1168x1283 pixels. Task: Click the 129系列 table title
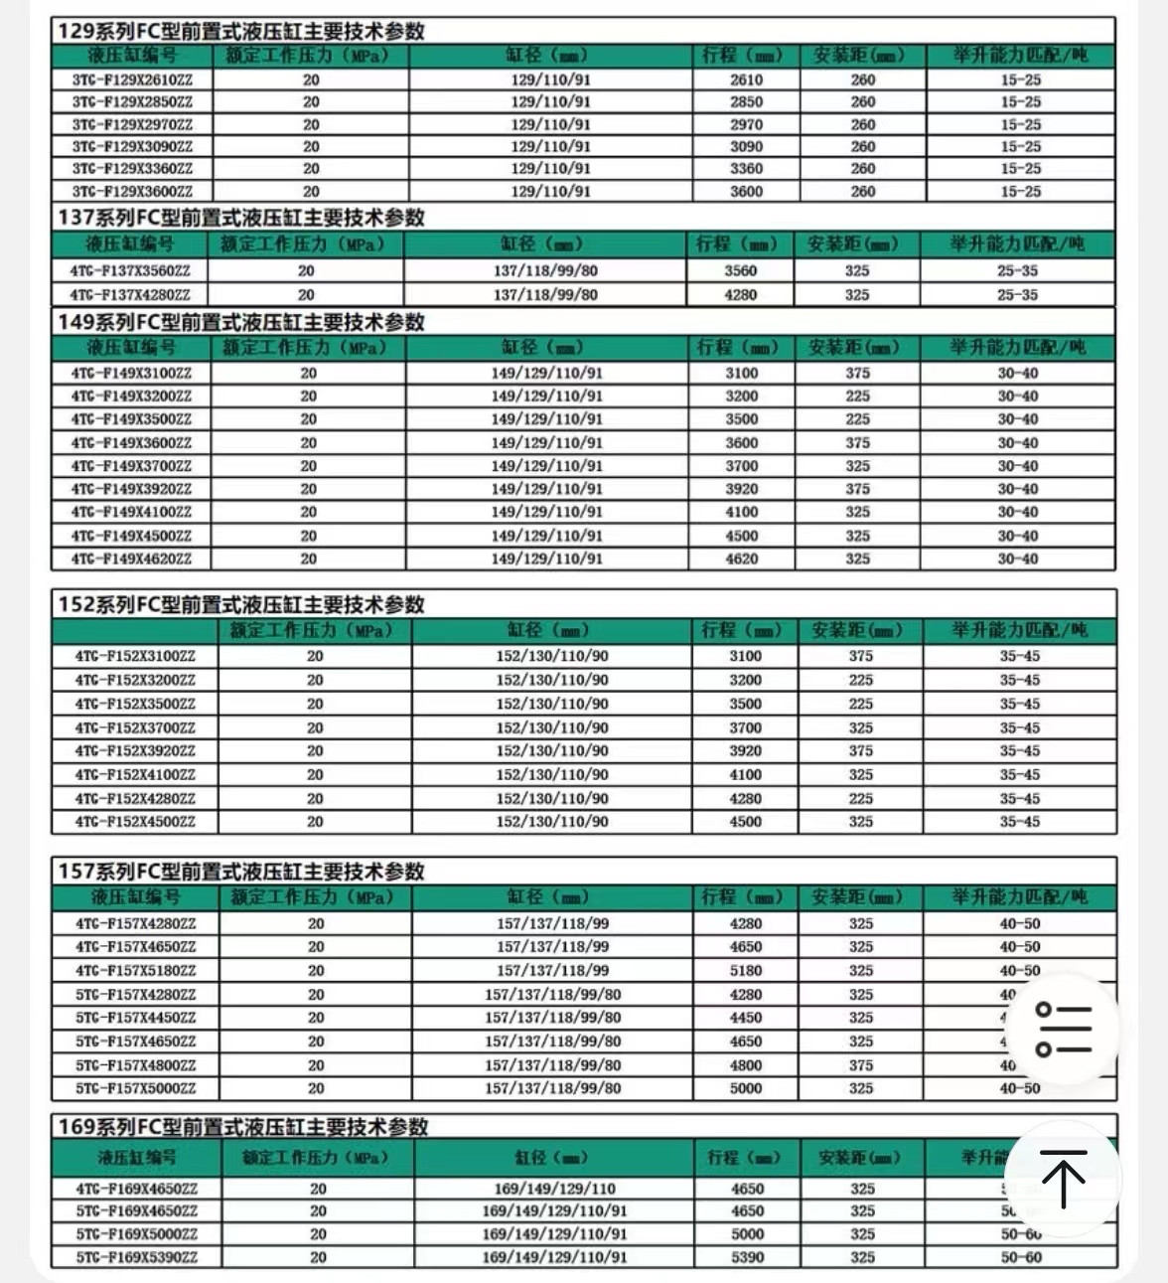(241, 31)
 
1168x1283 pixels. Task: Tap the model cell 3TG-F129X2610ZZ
(132, 80)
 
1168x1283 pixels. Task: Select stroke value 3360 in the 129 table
(746, 169)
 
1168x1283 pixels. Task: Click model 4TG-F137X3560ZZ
(130, 270)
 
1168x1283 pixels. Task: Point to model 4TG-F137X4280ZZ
(130, 295)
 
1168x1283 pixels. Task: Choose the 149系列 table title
(241, 322)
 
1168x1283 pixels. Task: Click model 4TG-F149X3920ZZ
(131, 489)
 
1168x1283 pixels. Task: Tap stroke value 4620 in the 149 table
(741, 559)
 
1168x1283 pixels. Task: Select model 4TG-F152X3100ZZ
(135, 656)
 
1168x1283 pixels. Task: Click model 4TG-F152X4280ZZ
(135, 798)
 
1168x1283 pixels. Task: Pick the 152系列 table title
(241, 604)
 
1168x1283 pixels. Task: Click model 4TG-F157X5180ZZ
(136, 971)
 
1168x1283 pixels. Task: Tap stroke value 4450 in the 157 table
(746, 1018)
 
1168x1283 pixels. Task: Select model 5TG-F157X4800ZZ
(136, 1065)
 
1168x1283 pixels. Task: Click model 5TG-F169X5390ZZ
(137, 1257)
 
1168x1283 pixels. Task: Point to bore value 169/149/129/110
(554, 1189)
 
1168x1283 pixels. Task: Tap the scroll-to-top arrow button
(1064, 1179)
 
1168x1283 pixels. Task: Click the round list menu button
(1064, 1030)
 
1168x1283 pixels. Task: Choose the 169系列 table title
(243, 1127)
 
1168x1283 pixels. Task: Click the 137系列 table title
(241, 218)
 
